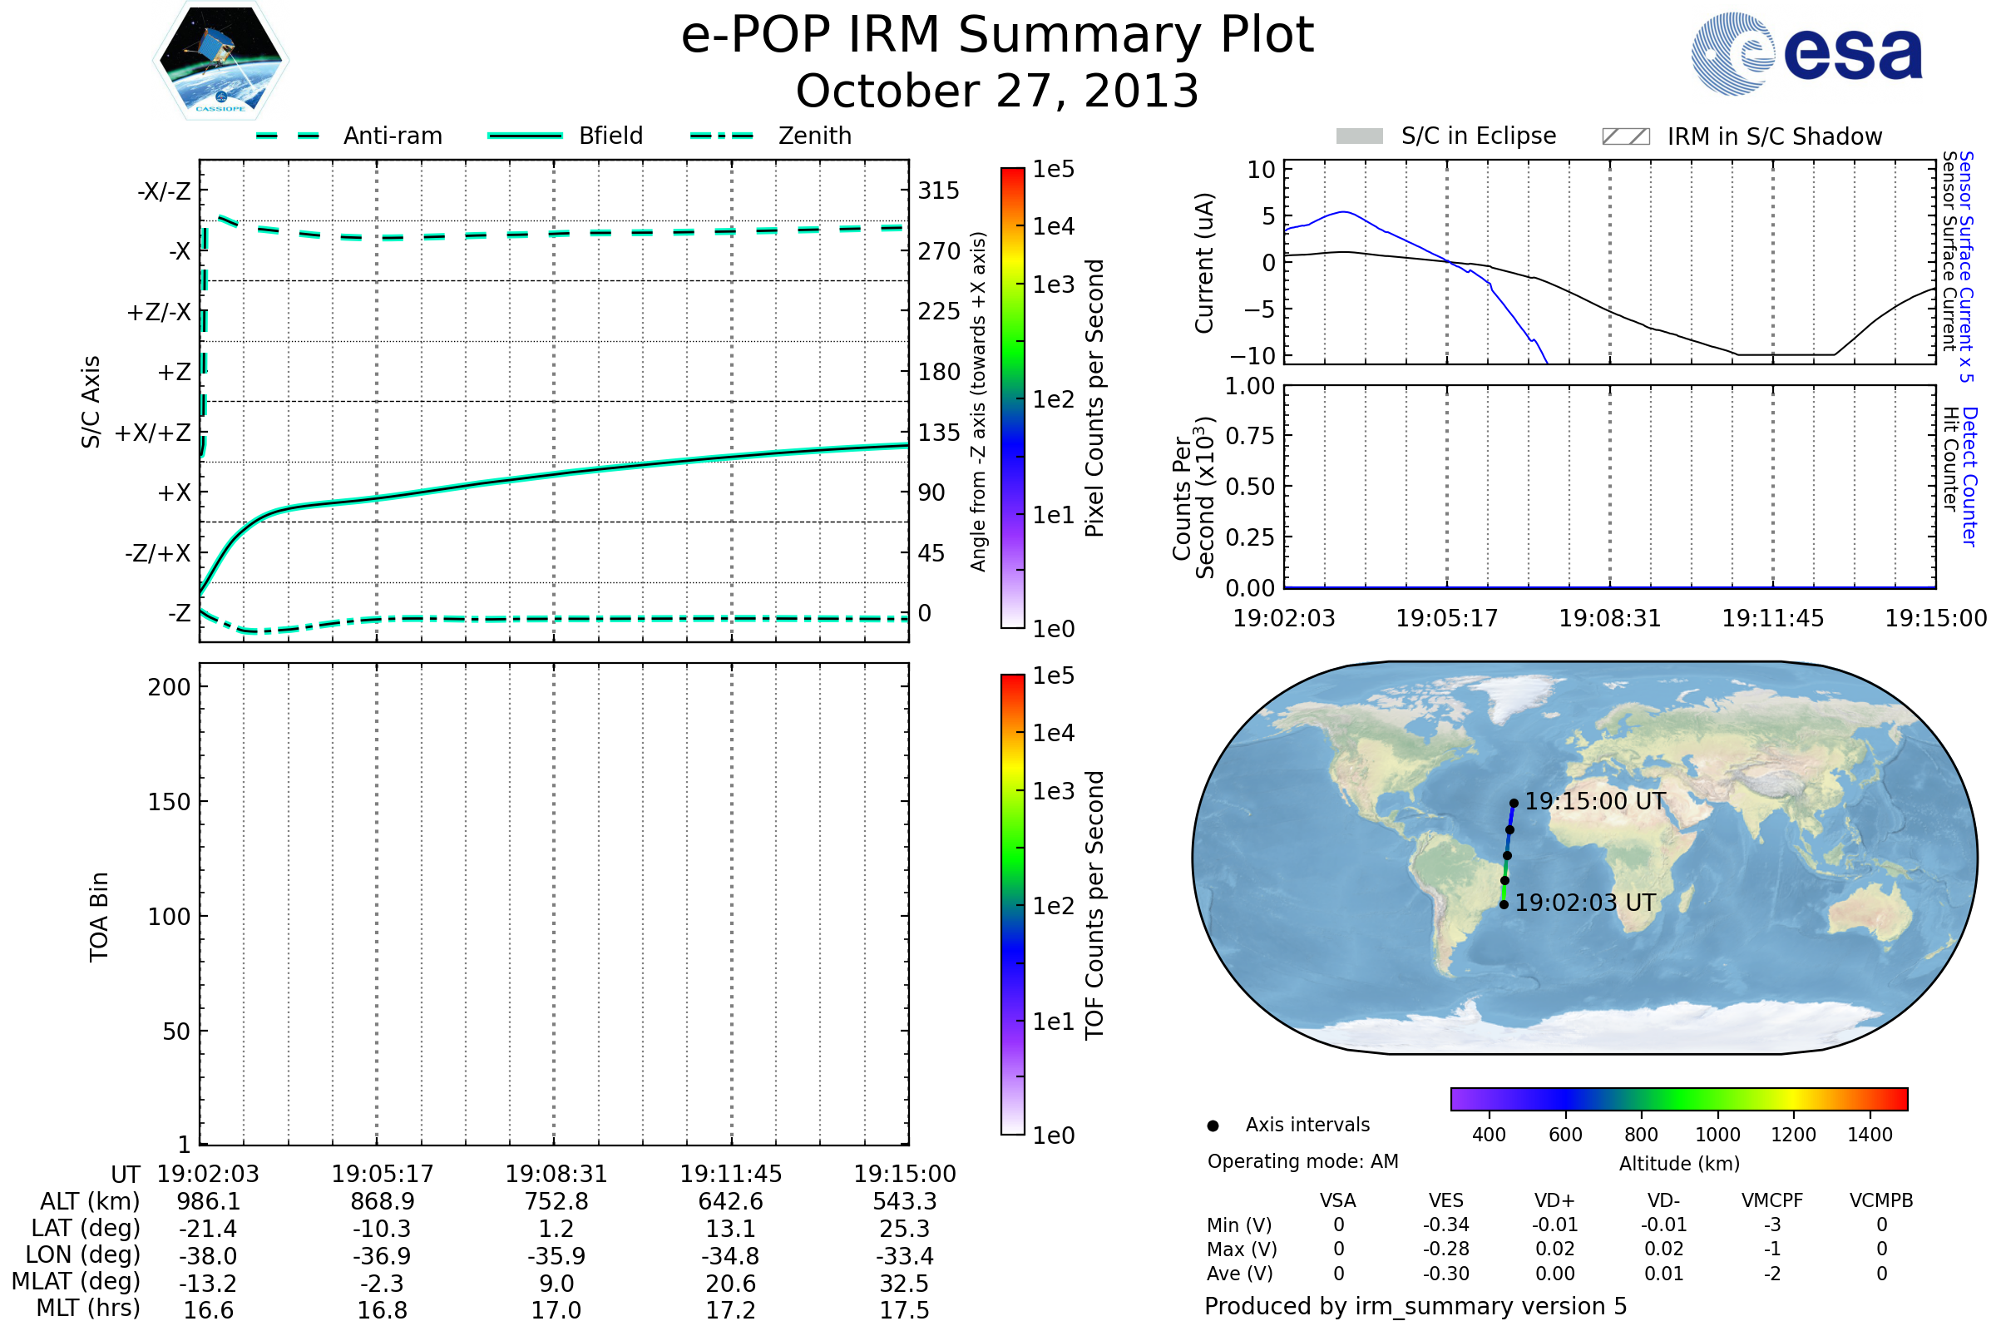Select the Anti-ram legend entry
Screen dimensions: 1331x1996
pos(392,136)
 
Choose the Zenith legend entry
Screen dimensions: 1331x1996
pos(814,136)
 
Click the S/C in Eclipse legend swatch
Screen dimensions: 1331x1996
pos(1359,136)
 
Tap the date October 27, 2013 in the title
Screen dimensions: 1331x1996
pos(997,91)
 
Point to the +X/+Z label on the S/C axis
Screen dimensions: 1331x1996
pos(153,433)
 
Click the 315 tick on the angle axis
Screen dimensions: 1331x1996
pos(938,190)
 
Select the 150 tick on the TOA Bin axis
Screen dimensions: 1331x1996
pos(169,802)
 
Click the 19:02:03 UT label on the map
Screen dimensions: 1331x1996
pos(1584,903)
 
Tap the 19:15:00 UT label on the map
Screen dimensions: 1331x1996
pos(1594,801)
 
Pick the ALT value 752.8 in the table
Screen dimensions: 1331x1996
pos(556,1201)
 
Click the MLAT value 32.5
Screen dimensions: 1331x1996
pos(904,1284)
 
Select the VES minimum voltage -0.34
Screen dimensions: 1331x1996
pos(1445,1225)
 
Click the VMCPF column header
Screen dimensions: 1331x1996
pos(1772,1200)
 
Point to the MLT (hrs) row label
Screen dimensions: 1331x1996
pos(87,1308)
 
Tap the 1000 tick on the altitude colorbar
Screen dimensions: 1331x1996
pos(1717,1135)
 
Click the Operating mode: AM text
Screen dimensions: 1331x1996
pos(1302,1161)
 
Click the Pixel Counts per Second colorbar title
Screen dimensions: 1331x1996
pos(1094,398)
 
